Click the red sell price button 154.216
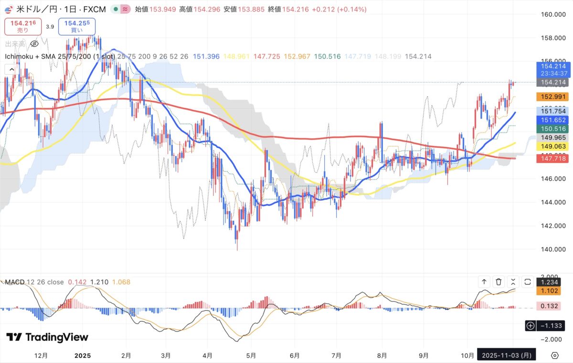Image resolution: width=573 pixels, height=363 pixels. [23, 26]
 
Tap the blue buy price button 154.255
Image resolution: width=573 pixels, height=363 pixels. [77, 26]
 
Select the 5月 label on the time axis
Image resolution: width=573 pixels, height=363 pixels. [251, 355]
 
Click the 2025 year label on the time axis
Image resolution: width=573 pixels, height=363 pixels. [83, 355]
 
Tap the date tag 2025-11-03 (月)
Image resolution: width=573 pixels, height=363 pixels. [507, 355]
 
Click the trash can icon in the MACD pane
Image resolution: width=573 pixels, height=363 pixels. [499, 282]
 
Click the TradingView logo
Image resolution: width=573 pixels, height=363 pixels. [47, 337]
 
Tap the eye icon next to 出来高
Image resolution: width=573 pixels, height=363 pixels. [34, 44]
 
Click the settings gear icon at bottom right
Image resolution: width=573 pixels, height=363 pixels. [555, 355]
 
